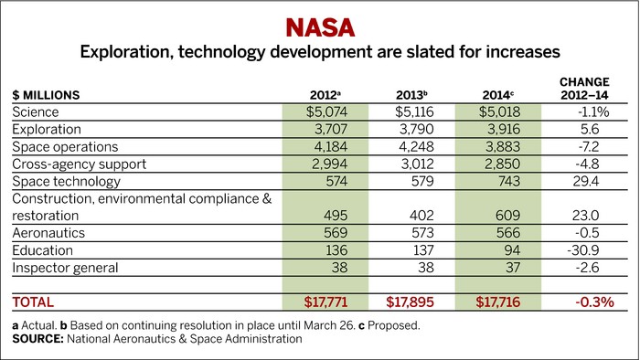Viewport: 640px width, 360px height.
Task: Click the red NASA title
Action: click(x=319, y=24)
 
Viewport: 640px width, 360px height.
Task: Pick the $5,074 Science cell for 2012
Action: click(x=326, y=111)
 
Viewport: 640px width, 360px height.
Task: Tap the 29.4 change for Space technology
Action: click(x=583, y=181)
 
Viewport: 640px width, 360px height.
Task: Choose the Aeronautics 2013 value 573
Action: click(x=419, y=233)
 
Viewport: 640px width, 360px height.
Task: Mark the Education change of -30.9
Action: click(x=581, y=250)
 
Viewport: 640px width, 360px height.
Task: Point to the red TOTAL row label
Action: click(x=34, y=301)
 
